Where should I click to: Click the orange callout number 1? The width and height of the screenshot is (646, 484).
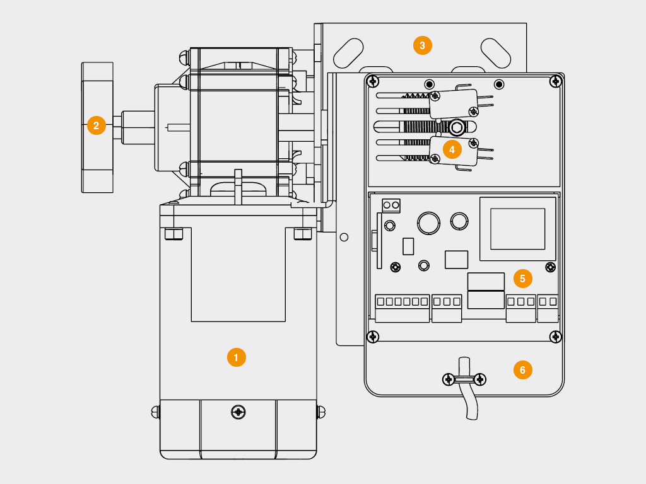coord(236,357)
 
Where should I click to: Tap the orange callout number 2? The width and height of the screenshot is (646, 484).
coord(96,125)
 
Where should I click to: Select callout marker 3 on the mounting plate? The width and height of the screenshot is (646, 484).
coord(422,45)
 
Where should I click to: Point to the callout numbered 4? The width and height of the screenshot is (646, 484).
coord(452,149)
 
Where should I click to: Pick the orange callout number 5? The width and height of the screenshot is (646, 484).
coord(522,277)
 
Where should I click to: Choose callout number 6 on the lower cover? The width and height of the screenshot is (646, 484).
coord(522,369)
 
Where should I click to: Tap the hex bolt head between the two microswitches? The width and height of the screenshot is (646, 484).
coord(456,127)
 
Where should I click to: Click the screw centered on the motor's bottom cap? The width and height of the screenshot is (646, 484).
coord(238,412)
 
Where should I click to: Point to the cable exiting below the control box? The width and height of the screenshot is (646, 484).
coord(469,403)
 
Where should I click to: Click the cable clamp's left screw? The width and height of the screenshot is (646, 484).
coord(448,379)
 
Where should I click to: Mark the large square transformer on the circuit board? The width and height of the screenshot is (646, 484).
coord(518,229)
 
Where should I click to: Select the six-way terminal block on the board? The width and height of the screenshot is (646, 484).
coord(402,308)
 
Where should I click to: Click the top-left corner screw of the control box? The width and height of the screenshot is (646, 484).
coord(373,81)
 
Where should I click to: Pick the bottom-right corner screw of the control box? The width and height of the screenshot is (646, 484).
coord(556,337)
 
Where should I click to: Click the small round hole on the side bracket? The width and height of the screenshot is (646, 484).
coord(344,238)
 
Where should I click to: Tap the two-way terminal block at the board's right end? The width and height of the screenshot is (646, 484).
coord(548,308)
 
